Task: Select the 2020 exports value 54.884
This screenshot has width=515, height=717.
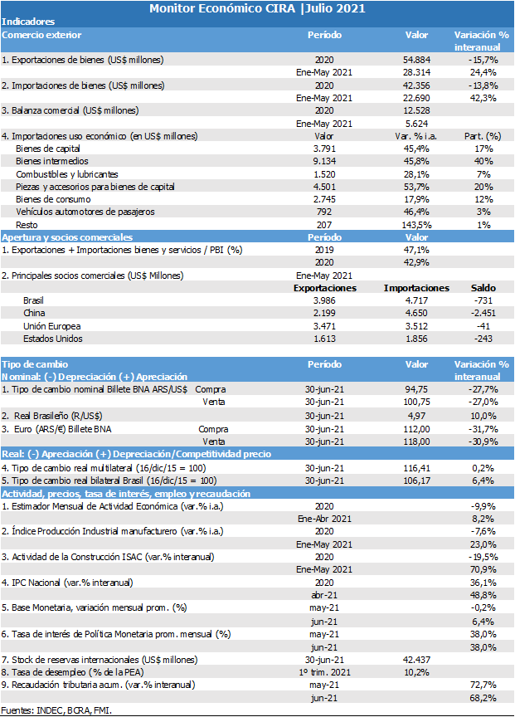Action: click(x=416, y=60)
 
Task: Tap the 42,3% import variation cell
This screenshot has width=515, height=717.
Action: click(x=483, y=98)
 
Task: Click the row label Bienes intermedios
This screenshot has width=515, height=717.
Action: click(x=52, y=161)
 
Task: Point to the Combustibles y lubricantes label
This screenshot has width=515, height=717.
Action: click(x=66, y=174)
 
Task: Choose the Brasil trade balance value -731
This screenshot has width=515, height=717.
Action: click(x=483, y=300)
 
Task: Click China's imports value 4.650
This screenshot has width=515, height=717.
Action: click(x=416, y=313)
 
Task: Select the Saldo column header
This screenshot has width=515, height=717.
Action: click(x=483, y=288)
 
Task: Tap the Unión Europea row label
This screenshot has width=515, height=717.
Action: click(x=52, y=326)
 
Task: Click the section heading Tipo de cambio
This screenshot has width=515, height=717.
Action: click(x=35, y=364)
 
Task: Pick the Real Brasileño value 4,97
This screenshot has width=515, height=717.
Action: click(x=416, y=416)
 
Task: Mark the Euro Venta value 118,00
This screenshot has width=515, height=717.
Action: click(x=416, y=441)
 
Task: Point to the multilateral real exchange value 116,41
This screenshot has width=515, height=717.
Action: click(x=416, y=468)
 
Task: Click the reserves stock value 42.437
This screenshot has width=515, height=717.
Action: click(x=416, y=660)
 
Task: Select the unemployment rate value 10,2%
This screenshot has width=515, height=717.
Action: click(x=416, y=672)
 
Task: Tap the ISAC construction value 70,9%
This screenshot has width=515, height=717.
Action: click(x=483, y=569)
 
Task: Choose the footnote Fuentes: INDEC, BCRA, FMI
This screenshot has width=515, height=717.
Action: click(x=56, y=710)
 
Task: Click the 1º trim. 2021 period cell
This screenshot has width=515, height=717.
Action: click(x=324, y=672)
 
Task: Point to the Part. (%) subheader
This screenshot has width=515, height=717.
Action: click(x=483, y=136)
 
